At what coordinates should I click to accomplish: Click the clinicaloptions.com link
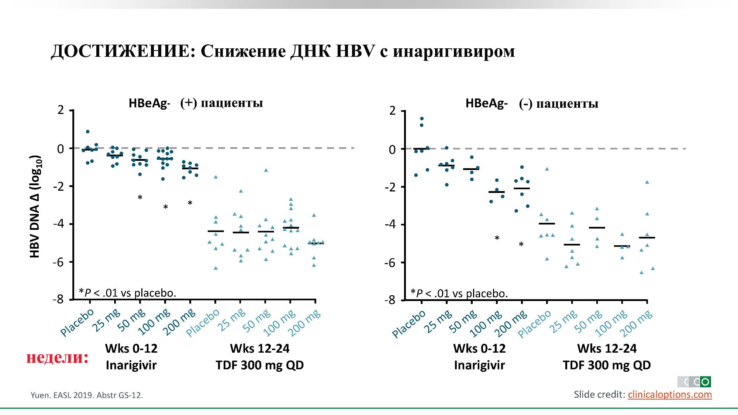click(x=669, y=394)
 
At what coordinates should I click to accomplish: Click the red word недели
click(x=57, y=357)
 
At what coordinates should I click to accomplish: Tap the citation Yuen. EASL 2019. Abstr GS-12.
click(x=87, y=395)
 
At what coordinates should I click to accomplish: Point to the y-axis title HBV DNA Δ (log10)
click(x=35, y=207)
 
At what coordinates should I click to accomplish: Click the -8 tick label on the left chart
click(x=58, y=299)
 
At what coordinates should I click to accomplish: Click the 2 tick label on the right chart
click(x=392, y=111)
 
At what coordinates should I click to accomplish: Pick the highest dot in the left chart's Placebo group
click(x=87, y=132)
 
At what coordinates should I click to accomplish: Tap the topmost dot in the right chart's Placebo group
click(x=422, y=119)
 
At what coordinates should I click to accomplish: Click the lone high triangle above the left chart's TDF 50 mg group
click(x=266, y=170)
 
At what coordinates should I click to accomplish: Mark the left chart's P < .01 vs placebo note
click(x=127, y=293)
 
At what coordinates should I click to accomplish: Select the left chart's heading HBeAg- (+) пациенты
click(x=196, y=103)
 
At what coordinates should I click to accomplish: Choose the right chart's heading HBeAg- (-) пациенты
click(x=532, y=104)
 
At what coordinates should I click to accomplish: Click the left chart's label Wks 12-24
click(x=260, y=348)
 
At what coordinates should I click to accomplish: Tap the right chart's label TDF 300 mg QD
click(x=607, y=365)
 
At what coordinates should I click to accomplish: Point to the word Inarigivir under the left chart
click(x=131, y=365)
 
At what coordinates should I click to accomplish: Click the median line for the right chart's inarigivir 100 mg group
click(x=497, y=192)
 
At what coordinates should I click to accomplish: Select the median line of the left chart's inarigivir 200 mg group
click(x=190, y=169)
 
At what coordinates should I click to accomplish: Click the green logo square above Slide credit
click(x=705, y=382)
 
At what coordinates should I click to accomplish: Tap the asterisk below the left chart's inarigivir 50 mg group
click(x=140, y=198)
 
